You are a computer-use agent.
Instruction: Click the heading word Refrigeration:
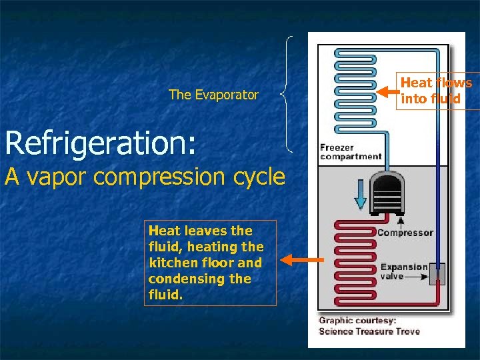tap(101, 143)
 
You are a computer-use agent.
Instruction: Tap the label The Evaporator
tap(213, 95)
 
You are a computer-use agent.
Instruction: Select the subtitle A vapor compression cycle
tap(145, 177)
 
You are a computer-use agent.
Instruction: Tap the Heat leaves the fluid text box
tap(211, 263)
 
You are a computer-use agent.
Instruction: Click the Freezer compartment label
tap(351, 152)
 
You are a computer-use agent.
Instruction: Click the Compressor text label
tap(405, 233)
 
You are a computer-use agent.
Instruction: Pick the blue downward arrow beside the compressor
tap(359, 194)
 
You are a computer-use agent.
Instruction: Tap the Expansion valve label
tap(403, 271)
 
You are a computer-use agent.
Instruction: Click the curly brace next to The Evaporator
tap(287, 93)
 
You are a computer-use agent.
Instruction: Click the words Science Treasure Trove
tap(369, 331)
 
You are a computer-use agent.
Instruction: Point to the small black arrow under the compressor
tap(401, 220)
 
